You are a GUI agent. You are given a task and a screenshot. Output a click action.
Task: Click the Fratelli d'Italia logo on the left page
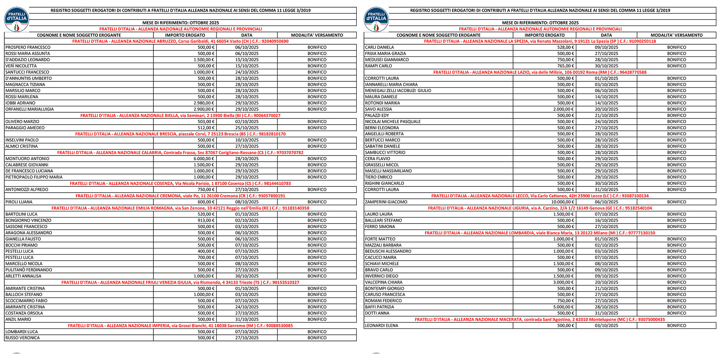tap(17, 19)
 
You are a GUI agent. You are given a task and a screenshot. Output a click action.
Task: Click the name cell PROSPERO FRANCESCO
tap(28, 47)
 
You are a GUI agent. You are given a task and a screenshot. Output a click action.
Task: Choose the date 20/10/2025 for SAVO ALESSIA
tap(606, 109)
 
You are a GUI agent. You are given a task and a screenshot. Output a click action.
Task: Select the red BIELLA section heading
tap(180, 116)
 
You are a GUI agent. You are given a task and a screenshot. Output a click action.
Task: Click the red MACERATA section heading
tap(540, 319)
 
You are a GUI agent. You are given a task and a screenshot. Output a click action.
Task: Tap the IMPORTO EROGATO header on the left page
tap(185, 35)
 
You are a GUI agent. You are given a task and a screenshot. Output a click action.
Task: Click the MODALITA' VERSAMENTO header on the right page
tap(676, 35)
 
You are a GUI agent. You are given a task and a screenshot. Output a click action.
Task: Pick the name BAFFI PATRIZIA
tap(379, 307)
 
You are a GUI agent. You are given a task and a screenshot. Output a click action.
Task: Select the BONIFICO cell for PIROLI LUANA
tap(317, 202)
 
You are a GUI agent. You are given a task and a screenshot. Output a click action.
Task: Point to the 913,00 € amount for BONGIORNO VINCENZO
tap(206, 220)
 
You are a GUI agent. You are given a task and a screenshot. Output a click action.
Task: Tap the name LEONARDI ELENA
tap(382, 325)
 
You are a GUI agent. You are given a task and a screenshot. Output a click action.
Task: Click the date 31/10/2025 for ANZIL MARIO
tap(247, 319)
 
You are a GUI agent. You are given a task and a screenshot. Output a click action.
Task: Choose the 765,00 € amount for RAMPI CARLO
tap(566, 66)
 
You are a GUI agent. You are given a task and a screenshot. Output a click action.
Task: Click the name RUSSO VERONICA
tap(23, 338)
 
